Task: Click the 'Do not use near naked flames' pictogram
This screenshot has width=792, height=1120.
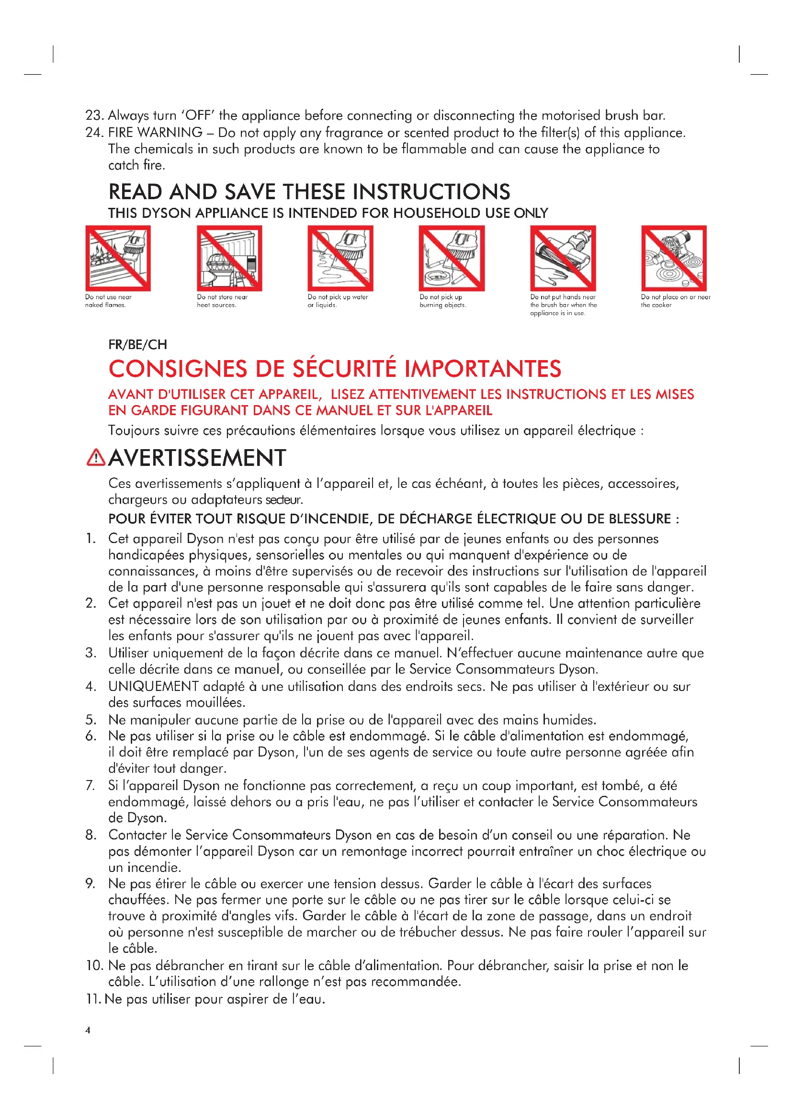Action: tap(118, 258)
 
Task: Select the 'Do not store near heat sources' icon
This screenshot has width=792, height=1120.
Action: tap(229, 258)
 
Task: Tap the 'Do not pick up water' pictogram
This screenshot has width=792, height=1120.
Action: tap(340, 258)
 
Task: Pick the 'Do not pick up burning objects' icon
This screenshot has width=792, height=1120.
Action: tap(452, 258)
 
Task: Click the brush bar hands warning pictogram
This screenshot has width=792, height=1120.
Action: tap(563, 258)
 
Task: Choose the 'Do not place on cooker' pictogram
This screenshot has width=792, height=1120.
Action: tap(674, 258)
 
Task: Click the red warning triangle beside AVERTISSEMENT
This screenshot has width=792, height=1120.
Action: tap(96, 458)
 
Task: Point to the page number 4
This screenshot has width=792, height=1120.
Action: tap(88, 1030)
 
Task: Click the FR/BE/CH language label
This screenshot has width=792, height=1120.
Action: tap(137, 345)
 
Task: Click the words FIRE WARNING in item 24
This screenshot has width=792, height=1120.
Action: tap(155, 133)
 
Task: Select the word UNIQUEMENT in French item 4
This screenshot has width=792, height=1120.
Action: tap(153, 686)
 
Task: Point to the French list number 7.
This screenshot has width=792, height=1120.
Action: tap(90, 785)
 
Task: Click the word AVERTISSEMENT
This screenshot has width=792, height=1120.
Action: tap(197, 458)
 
